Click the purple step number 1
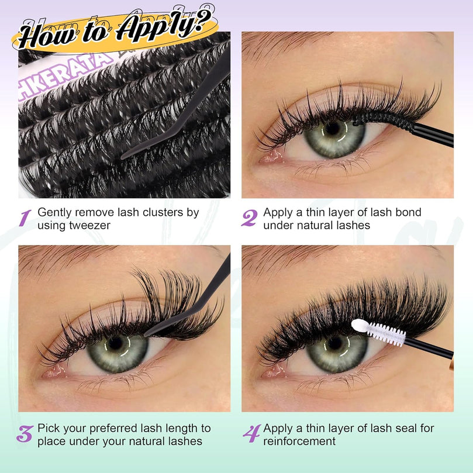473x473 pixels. point(25,218)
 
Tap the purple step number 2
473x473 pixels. point(250,218)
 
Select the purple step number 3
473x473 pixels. point(25,434)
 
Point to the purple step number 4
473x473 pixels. point(252,434)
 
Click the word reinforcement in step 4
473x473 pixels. point(299,441)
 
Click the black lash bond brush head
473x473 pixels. point(383,120)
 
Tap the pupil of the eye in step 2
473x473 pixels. point(333,129)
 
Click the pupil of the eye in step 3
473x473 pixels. point(115,343)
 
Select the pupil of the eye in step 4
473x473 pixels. point(334,343)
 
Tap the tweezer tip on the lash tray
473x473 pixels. point(122,157)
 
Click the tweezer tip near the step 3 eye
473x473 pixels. point(146,334)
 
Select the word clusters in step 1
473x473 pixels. point(163,212)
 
